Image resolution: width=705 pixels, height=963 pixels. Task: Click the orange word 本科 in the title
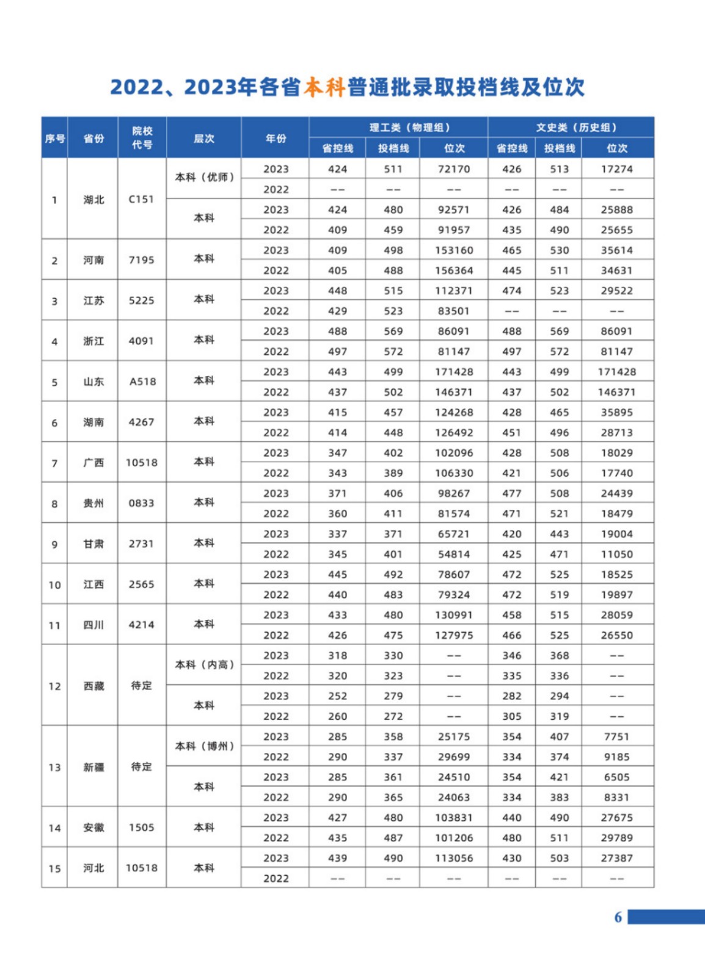pos(325,87)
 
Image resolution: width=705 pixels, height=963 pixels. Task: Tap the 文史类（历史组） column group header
pos(577,127)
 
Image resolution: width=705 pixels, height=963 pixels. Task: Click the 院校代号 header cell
pos(142,138)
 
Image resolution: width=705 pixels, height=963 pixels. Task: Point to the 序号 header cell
pos(54,139)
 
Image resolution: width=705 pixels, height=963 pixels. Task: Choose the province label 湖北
pos(93,200)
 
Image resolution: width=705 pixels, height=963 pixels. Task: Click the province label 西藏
pos(93,686)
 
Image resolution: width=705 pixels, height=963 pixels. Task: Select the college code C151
pos(141,199)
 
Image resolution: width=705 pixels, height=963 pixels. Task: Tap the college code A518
pos(142,382)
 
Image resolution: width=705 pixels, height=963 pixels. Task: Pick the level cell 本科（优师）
pos(204,177)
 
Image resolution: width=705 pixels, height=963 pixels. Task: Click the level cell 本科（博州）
pos(204,746)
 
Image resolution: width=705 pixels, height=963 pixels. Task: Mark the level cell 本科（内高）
pos(204,664)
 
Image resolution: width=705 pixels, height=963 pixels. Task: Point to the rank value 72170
pos(454,169)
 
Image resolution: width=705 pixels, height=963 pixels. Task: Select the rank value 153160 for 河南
pos(454,250)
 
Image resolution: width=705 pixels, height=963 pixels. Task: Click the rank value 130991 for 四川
pos(454,615)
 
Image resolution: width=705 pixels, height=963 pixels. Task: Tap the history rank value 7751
pos(616,736)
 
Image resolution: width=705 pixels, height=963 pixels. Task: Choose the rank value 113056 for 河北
pos(454,858)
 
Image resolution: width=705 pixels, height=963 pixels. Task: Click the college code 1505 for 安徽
pos(141,827)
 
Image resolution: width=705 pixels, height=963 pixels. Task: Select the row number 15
pos(54,868)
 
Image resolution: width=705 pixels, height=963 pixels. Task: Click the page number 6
pos(618,917)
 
